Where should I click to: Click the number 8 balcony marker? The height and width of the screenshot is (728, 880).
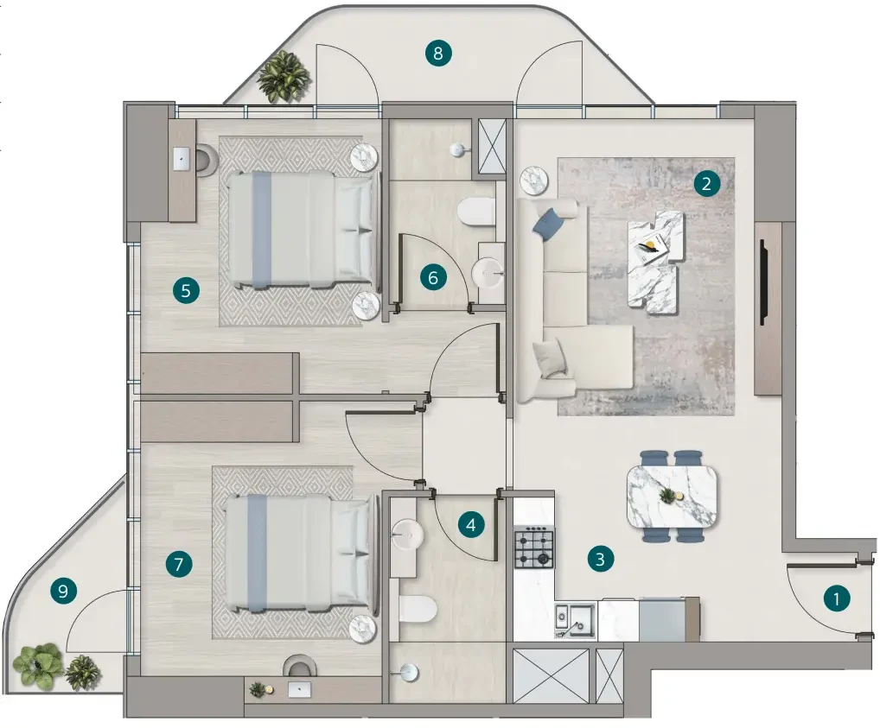point(437,54)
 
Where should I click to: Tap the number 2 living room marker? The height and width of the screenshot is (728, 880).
point(706,183)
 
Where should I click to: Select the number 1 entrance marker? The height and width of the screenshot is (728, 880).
point(836,599)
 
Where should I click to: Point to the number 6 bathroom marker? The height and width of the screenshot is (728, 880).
point(433,277)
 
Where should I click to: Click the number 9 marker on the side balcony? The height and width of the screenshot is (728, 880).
point(63,591)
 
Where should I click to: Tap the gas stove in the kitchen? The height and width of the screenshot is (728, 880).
point(534,547)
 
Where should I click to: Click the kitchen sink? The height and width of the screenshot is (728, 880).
point(575,620)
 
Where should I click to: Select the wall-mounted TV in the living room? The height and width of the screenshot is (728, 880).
point(763,282)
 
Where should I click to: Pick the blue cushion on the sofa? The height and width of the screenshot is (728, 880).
point(548,224)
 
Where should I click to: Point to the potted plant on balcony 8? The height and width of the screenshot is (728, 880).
point(284,77)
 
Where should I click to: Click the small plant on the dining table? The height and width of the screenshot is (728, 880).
point(667,495)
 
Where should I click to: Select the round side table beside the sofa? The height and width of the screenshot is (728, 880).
point(533,180)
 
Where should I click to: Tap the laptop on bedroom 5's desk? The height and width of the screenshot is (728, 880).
point(182,159)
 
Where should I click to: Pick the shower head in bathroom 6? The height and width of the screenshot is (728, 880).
point(458,149)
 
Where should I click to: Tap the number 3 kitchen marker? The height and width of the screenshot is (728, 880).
point(601,559)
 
